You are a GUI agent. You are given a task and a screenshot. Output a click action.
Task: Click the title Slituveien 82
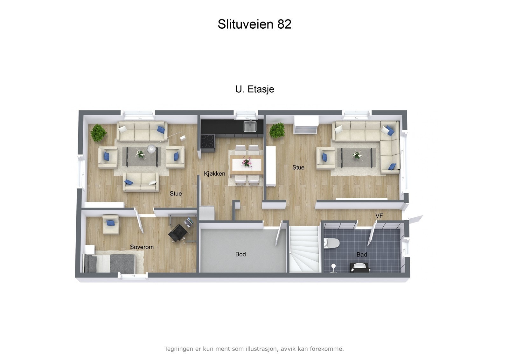coord(254,24)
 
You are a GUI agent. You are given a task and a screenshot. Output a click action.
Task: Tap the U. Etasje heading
coord(254,89)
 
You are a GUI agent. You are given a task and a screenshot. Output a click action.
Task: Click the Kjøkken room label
coord(214,173)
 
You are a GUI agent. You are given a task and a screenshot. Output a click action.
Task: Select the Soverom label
coord(142,247)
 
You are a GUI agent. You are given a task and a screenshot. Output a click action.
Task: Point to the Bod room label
coord(241,254)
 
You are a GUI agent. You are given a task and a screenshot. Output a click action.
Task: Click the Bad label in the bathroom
coord(361,255)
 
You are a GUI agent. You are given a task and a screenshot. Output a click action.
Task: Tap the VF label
coord(379,216)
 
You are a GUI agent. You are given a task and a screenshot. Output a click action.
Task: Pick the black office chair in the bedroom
coord(178,233)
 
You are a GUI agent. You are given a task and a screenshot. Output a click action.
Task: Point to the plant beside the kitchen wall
coord(277,130)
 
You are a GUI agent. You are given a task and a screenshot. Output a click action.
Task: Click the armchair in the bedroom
coord(110,224)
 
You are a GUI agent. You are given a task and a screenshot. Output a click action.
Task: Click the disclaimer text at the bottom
coord(254,349)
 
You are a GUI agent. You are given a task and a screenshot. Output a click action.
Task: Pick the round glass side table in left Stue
coord(151,149)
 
